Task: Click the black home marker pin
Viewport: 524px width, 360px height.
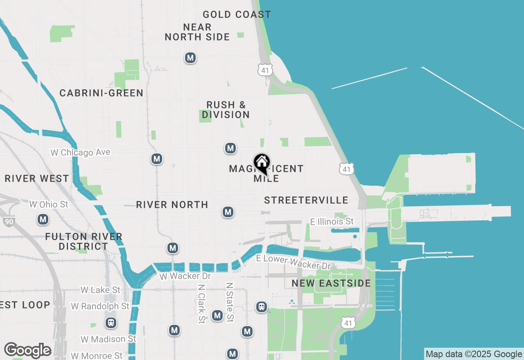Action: [262, 164]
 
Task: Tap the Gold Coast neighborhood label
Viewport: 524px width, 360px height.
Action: [237, 15]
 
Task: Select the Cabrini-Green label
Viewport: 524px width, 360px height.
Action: [102, 93]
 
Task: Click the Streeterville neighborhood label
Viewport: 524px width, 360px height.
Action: [306, 200]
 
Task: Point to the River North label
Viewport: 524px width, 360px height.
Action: [172, 205]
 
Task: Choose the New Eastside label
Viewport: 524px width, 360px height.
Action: [331, 283]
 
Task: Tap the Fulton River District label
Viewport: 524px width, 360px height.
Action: [84, 241]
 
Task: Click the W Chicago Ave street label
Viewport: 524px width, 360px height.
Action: [81, 153]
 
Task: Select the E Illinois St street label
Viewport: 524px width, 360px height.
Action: [332, 222]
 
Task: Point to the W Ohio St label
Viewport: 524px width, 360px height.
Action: [49, 204]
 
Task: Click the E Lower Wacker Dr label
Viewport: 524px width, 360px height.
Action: [293, 262]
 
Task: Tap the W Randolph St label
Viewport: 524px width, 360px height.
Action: [100, 306]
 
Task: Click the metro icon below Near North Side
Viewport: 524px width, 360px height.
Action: [190, 58]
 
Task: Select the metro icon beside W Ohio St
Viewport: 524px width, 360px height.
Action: [43, 219]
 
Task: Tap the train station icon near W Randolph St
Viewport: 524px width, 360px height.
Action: [111, 323]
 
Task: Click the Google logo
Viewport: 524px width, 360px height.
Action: [28, 351]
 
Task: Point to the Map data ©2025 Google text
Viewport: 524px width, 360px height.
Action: [474, 354]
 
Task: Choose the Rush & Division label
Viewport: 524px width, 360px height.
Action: [226, 110]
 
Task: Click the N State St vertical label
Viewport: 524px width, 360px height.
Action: [230, 301]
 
